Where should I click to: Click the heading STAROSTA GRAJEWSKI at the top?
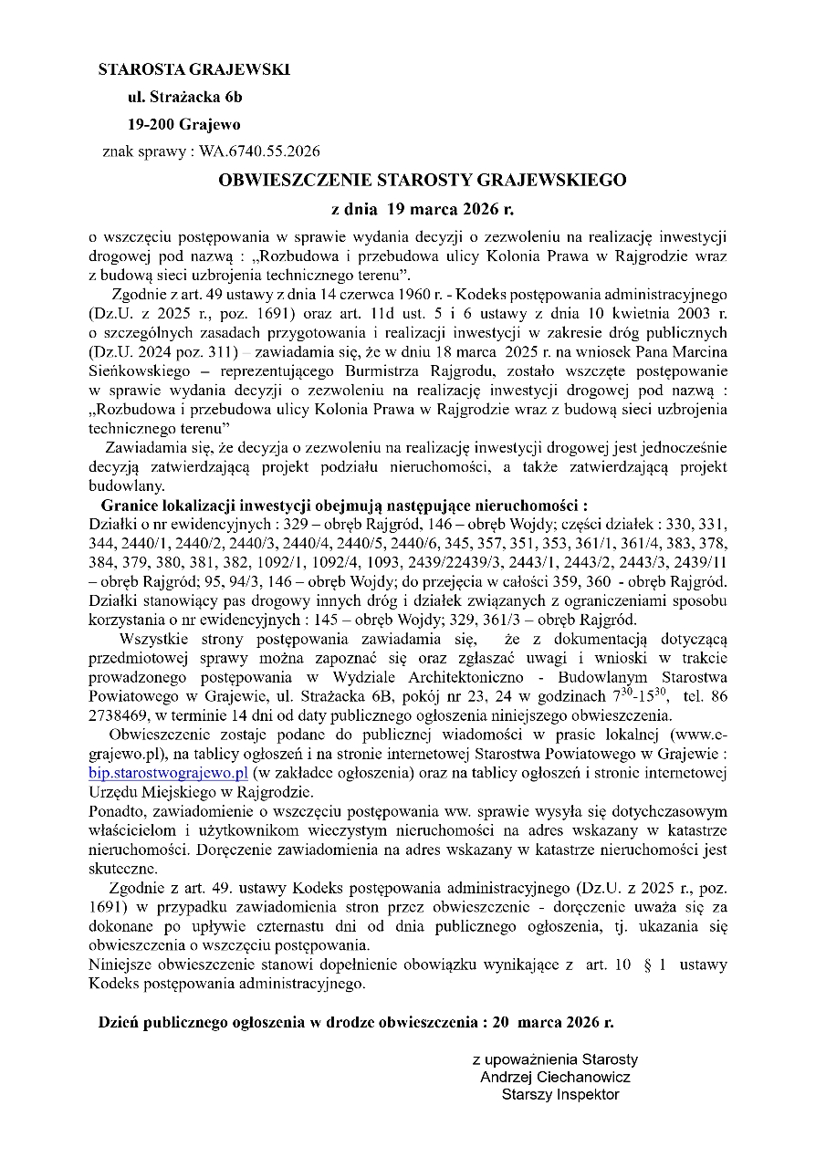193,69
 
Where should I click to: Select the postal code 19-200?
151,124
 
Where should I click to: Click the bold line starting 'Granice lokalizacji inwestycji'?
344,505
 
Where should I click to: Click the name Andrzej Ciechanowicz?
555,1077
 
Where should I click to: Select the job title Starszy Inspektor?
559,1094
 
